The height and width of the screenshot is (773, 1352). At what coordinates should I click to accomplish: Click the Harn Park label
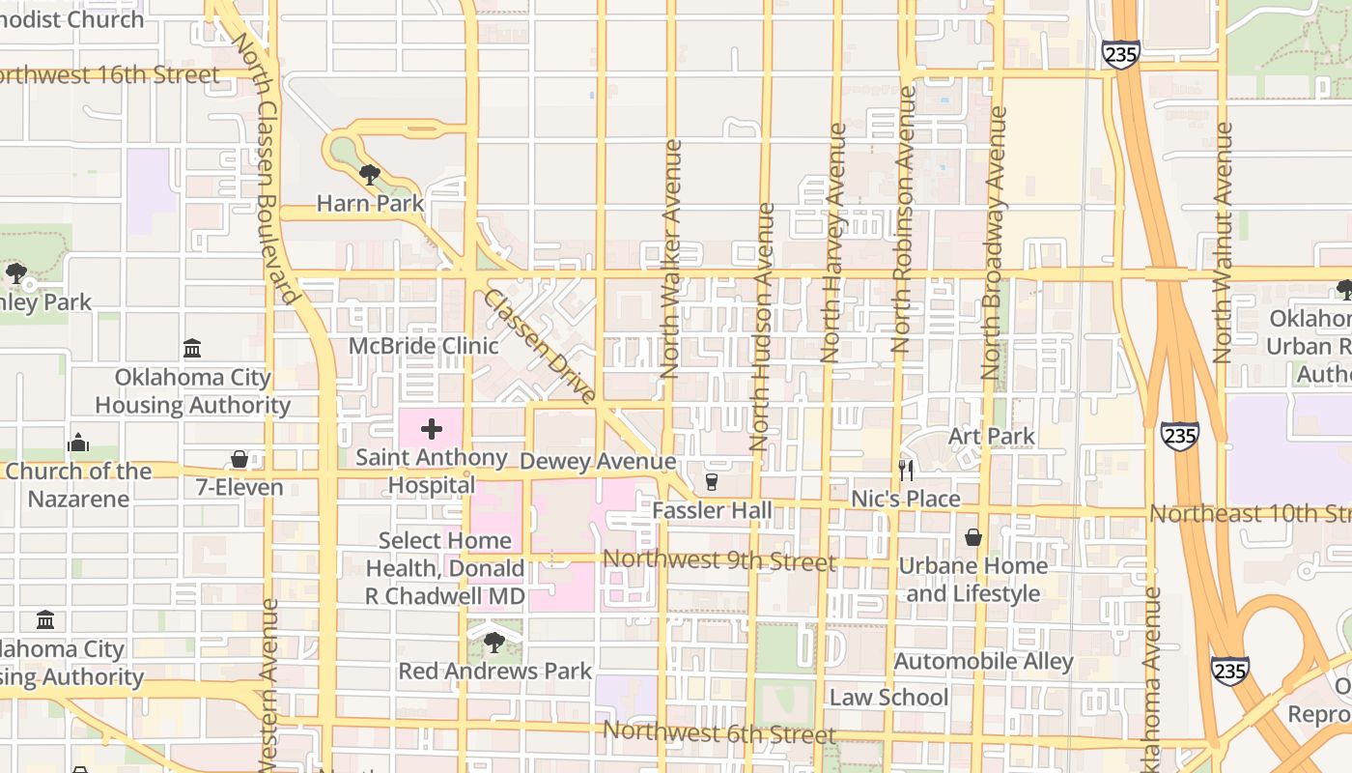pos(370,204)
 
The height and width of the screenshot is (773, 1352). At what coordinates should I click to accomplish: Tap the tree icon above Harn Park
pos(369,175)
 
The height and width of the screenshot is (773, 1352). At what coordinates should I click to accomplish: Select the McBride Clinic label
pos(424,346)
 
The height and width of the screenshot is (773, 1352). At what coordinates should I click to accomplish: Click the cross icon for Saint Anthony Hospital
pos(432,429)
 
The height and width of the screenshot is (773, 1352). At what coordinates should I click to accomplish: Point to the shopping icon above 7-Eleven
pos(239,459)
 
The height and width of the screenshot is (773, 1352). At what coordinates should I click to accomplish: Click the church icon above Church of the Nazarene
pos(78,444)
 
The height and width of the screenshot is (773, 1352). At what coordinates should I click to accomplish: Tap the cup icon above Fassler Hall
pos(713,481)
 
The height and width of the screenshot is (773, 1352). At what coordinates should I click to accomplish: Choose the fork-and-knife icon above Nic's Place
pos(906,471)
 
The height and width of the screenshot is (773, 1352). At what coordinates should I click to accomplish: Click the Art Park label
pos(992,436)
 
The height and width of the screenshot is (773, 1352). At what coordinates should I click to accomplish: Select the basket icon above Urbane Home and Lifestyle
pos(973,537)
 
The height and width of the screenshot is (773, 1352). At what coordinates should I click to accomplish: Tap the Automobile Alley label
pos(983,662)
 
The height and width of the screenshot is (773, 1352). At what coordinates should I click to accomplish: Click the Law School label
pos(888,697)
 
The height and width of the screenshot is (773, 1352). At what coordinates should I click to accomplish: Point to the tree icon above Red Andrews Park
pos(494,642)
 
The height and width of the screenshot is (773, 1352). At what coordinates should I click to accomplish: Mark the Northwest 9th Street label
pos(719,560)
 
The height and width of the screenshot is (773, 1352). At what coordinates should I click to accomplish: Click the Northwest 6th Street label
pos(719,733)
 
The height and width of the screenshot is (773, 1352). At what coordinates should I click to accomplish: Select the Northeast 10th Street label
pos(1251,513)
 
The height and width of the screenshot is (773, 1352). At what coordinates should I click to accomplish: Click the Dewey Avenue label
pos(598,462)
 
